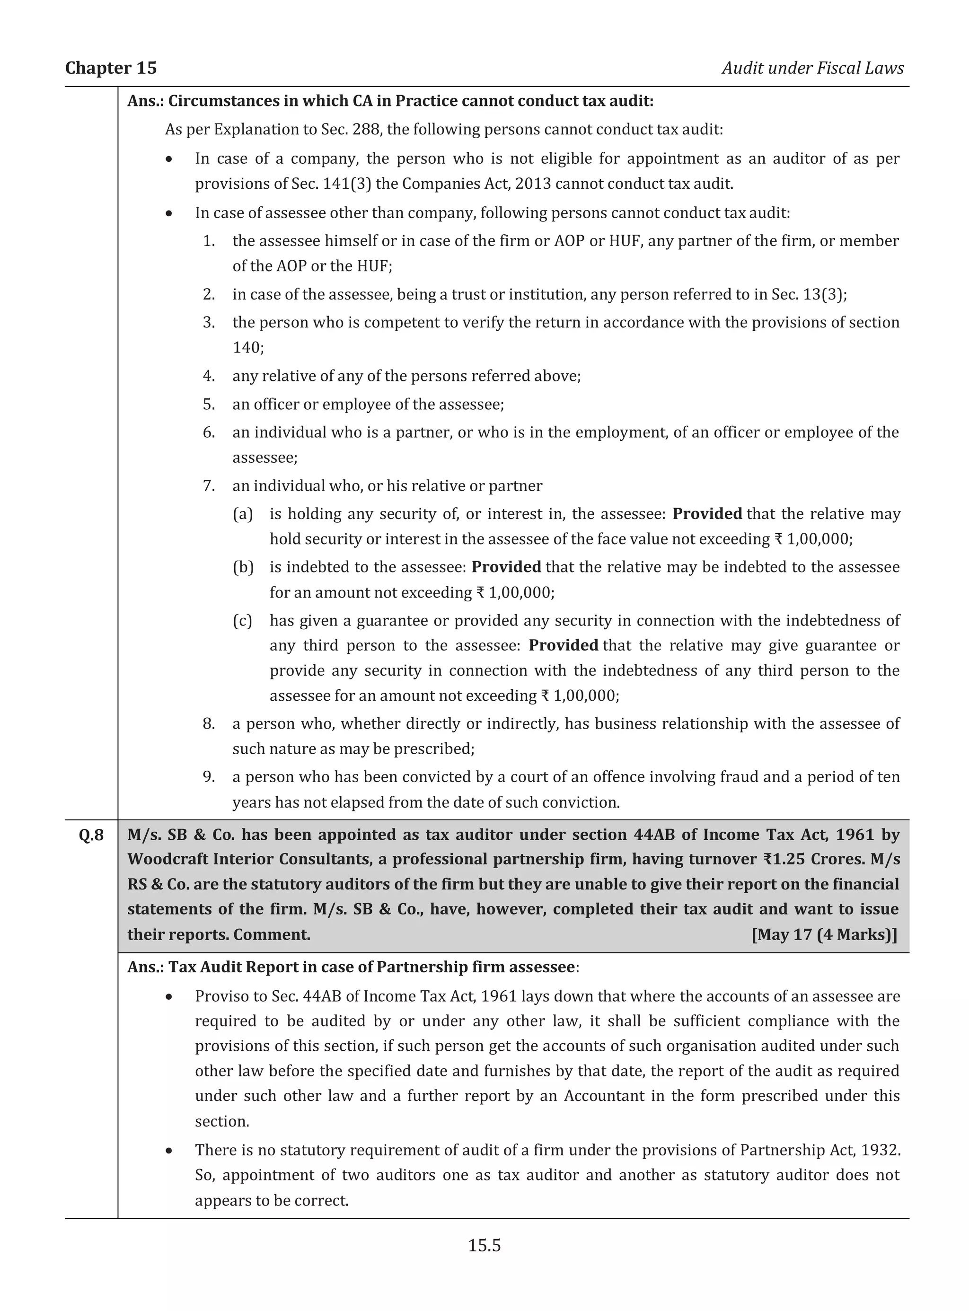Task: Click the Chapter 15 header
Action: (x=111, y=68)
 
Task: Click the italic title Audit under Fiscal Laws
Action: (x=812, y=68)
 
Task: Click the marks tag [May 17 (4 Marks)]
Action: (x=824, y=934)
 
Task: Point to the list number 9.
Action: (x=209, y=777)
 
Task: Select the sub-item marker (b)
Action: (x=243, y=567)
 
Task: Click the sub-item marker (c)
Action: (x=243, y=621)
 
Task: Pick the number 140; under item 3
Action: (x=247, y=348)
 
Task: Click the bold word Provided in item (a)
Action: (x=707, y=514)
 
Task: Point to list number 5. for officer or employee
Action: (x=209, y=404)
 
